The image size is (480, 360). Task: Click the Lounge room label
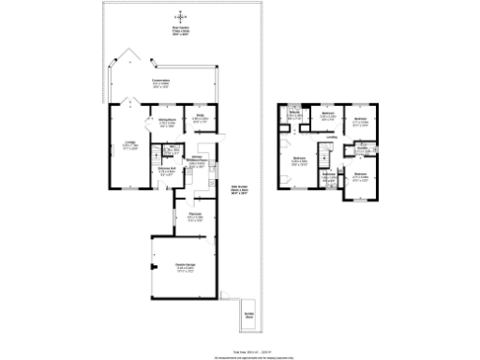click(129, 144)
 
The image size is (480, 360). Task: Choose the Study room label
click(200, 119)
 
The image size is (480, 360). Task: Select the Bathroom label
click(329, 174)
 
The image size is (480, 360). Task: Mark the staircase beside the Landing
click(328, 155)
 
